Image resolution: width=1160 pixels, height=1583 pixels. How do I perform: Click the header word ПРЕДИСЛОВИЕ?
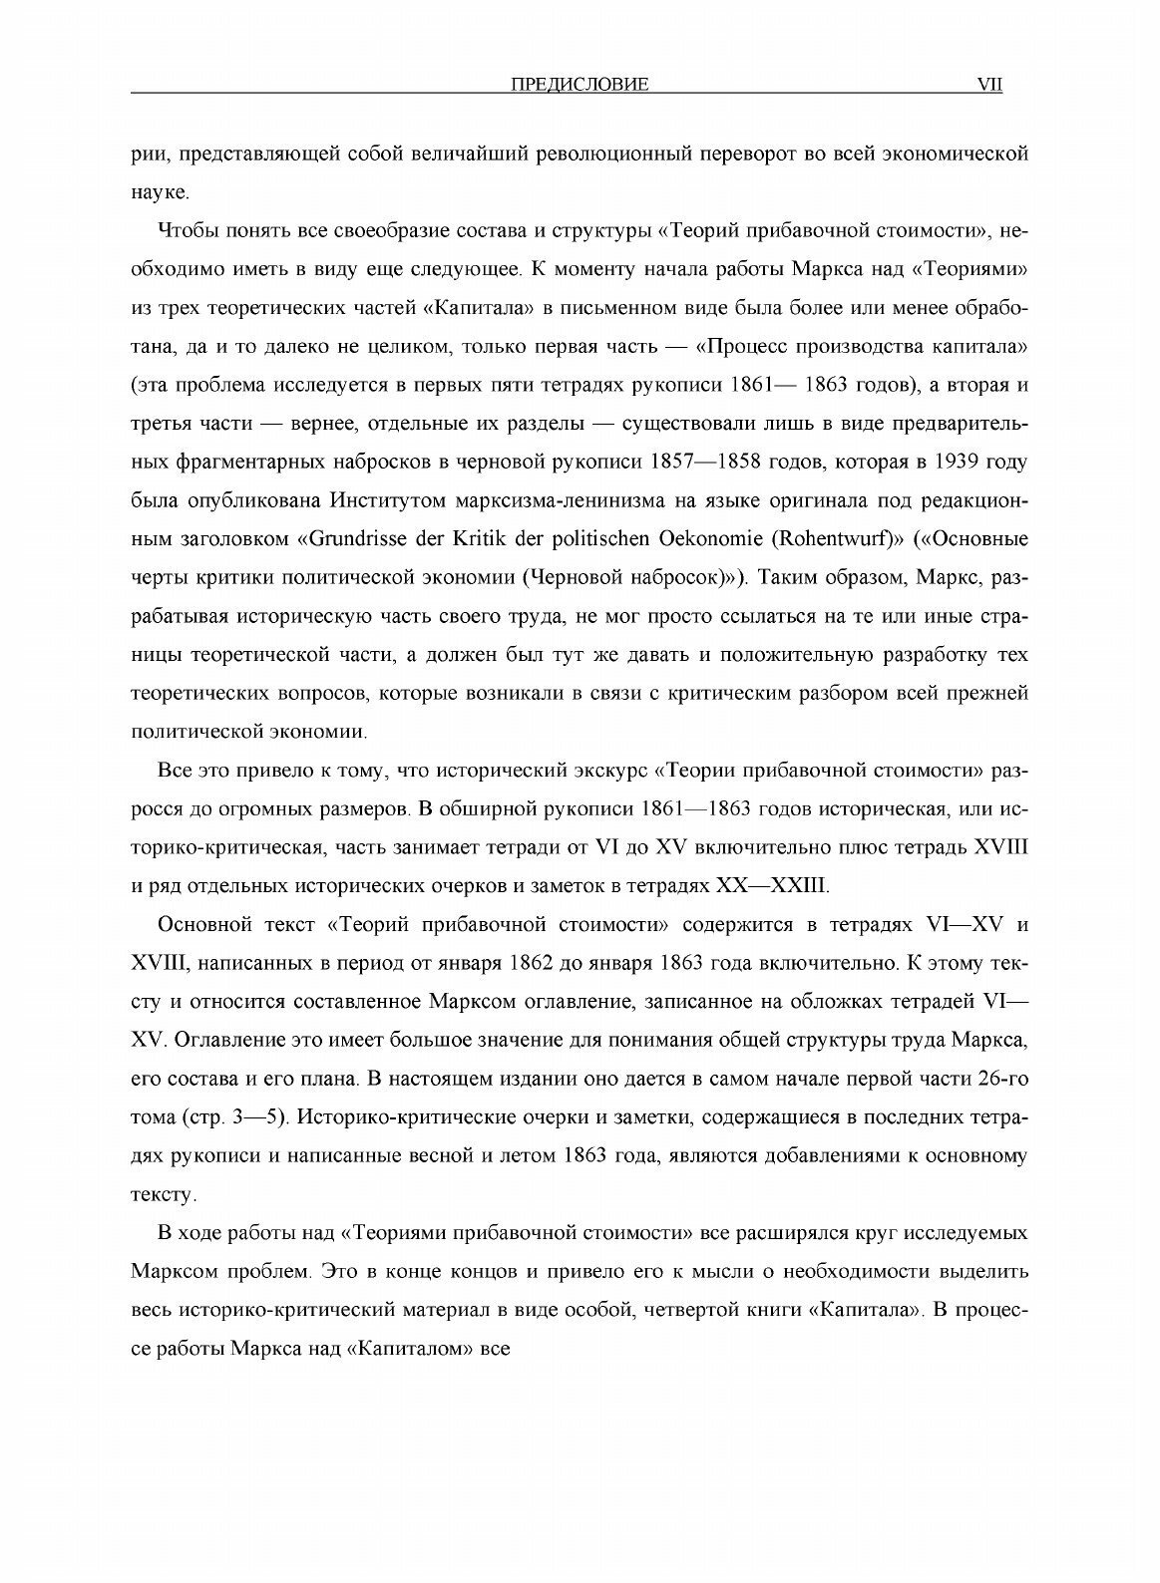click(x=580, y=86)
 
